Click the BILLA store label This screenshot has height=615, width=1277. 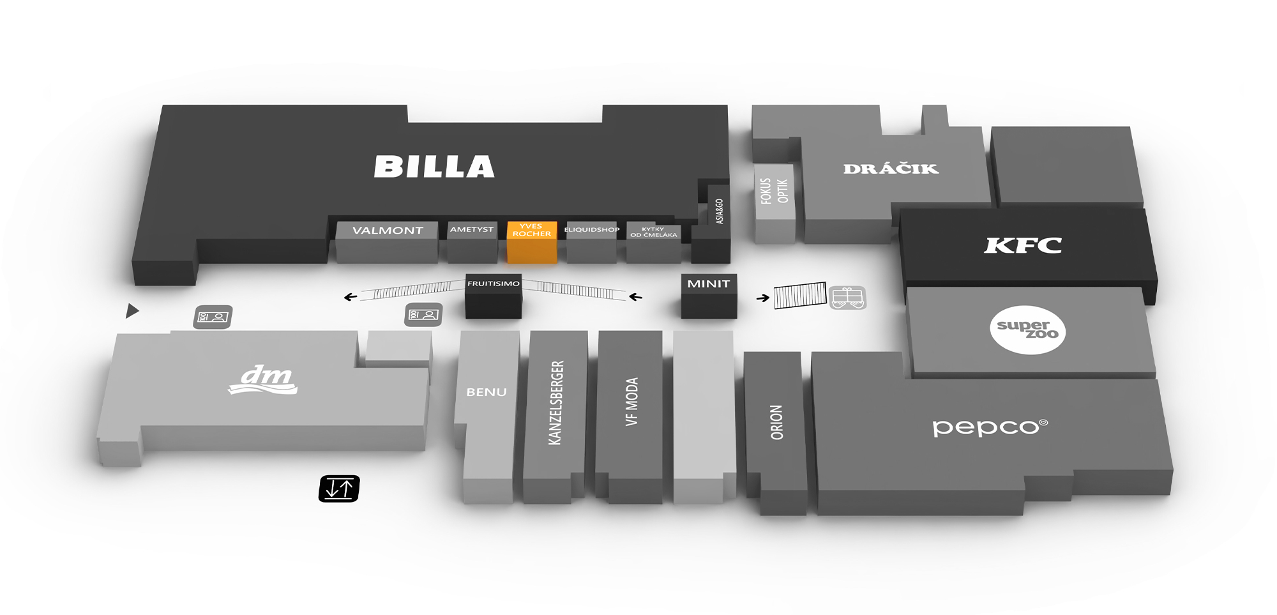[434, 167]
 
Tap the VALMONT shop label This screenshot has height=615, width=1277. [388, 231]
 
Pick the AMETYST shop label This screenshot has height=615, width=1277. [472, 229]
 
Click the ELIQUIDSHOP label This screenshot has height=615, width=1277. [592, 229]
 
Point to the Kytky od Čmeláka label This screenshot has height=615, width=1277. [653, 232]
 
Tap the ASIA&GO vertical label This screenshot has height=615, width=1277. [720, 211]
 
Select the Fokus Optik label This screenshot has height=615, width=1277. [775, 191]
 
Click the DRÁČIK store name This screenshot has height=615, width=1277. [891, 169]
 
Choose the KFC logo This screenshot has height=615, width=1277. [1023, 245]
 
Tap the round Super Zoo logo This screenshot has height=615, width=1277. [1027, 330]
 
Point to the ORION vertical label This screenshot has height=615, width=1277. [776, 422]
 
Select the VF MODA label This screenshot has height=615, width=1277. [631, 402]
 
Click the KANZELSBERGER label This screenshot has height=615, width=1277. [555, 402]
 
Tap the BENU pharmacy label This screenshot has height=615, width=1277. [487, 392]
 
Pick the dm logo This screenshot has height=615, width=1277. [263, 380]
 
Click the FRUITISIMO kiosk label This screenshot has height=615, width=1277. [494, 284]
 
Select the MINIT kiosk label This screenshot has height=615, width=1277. [709, 284]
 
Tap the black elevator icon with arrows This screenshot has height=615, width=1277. [339, 489]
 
